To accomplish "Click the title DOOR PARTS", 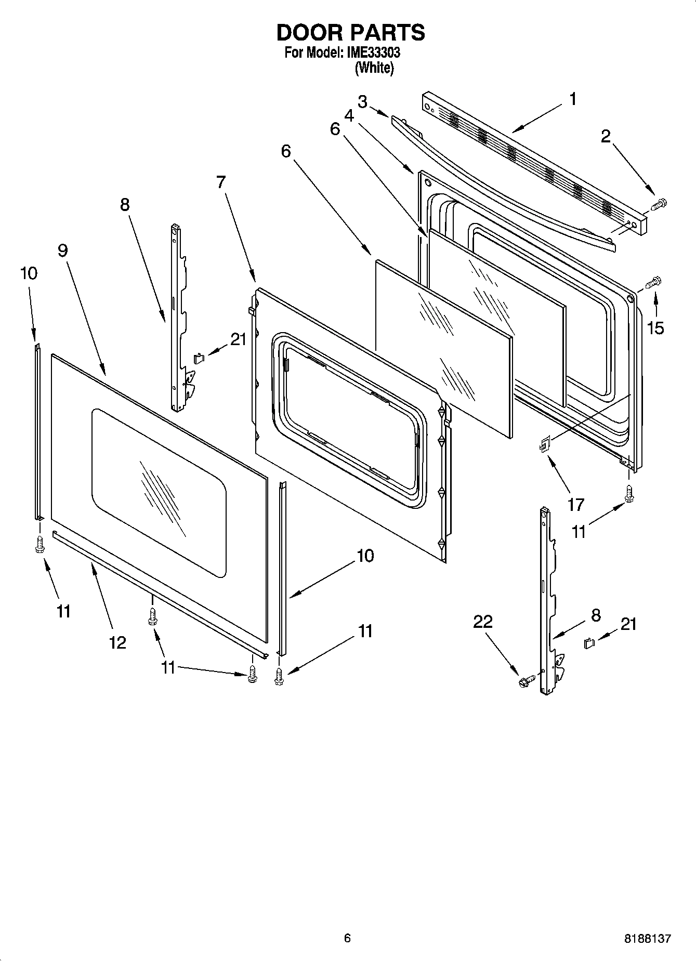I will (350, 33).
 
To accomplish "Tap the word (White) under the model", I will (374, 68).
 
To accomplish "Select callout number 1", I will (572, 99).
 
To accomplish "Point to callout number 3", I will (362, 101).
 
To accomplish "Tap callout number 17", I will (576, 504).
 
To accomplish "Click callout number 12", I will (118, 642).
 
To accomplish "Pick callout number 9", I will (62, 251).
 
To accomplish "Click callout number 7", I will (221, 182).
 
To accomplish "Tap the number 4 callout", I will (349, 115).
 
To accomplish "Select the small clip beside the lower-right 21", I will (589, 643).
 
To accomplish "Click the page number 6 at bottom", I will (347, 938).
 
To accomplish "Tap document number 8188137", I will (647, 939).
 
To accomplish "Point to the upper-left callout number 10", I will (29, 273).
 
